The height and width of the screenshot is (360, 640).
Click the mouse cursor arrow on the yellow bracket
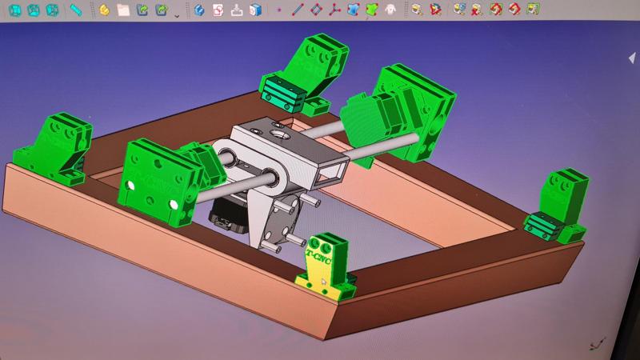pos(324,282)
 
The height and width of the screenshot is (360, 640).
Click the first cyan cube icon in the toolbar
pos(14,10)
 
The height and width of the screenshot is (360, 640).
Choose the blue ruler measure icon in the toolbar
pos(75,10)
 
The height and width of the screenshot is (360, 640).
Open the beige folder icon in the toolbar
pos(123,10)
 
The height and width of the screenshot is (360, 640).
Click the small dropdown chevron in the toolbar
pos(177,14)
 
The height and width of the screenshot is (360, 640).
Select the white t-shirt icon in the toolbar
pos(390,10)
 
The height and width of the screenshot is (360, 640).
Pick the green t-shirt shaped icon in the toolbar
pos(371,10)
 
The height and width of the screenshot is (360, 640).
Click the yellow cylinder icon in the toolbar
pos(104,10)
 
